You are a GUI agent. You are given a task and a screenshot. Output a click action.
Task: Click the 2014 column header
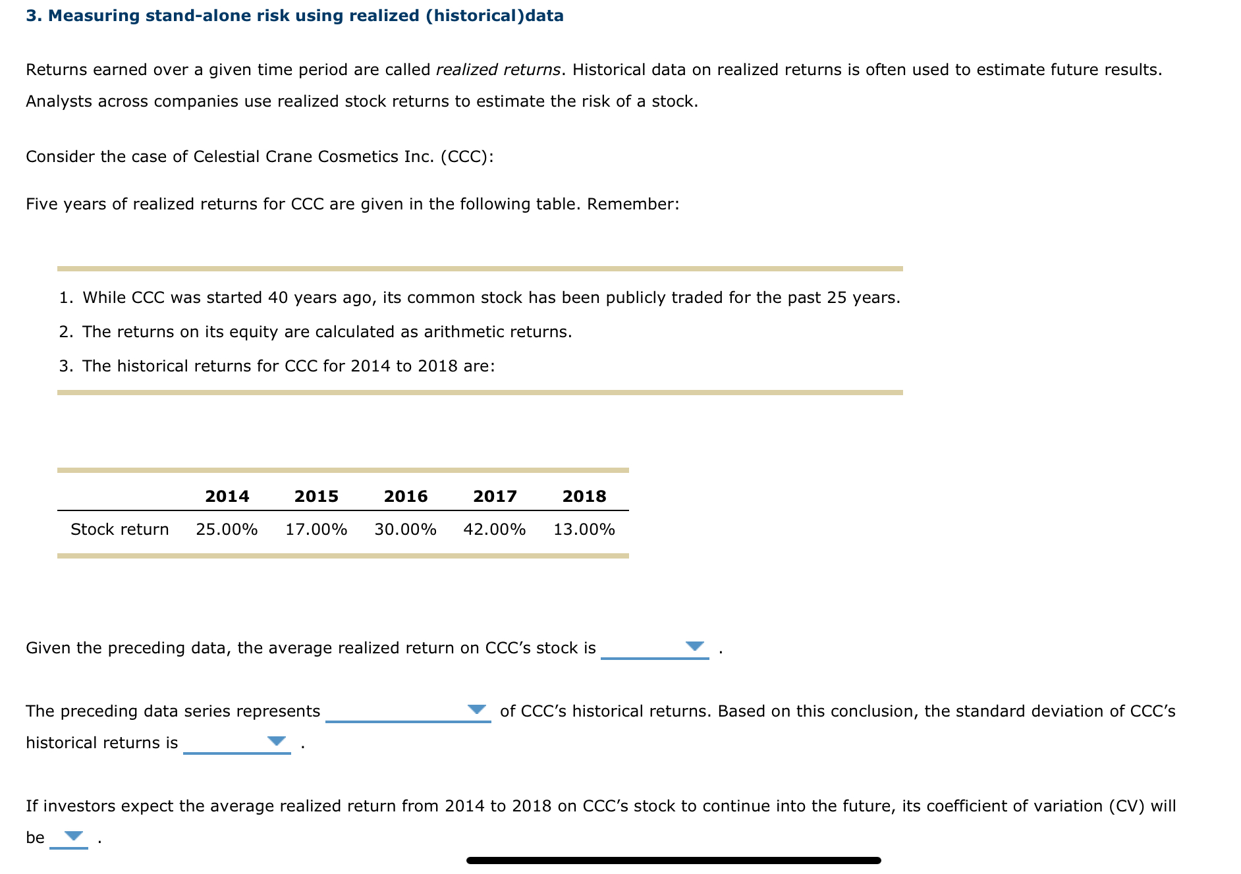coord(227,496)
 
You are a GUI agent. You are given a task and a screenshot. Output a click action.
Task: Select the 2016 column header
coord(405,496)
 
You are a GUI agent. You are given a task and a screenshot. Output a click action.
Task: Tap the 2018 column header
coord(584,496)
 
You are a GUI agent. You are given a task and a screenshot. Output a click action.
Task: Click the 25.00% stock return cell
coord(227,530)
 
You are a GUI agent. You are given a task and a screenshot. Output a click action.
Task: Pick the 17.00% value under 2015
coord(316,530)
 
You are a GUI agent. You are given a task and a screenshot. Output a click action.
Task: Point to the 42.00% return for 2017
coord(494,530)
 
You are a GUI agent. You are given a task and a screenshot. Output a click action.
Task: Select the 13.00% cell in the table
coord(584,530)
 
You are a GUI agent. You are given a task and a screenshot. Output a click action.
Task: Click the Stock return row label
coord(119,530)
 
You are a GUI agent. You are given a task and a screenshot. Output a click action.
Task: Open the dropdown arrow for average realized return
coord(694,646)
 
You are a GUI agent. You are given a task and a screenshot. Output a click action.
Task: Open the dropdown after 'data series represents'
coord(476,709)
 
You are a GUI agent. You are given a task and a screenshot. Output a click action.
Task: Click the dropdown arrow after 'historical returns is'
coord(277,741)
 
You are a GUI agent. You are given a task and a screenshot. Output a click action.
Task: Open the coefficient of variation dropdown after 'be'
coord(74,836)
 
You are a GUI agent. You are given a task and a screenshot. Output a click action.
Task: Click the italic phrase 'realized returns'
coord(499,70)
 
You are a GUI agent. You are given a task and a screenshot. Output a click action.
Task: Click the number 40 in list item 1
coord(277,298)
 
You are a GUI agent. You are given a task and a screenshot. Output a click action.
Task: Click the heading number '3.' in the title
coord(34,16)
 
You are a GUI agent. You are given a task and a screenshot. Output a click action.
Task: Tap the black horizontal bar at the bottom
coord(673,860)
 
